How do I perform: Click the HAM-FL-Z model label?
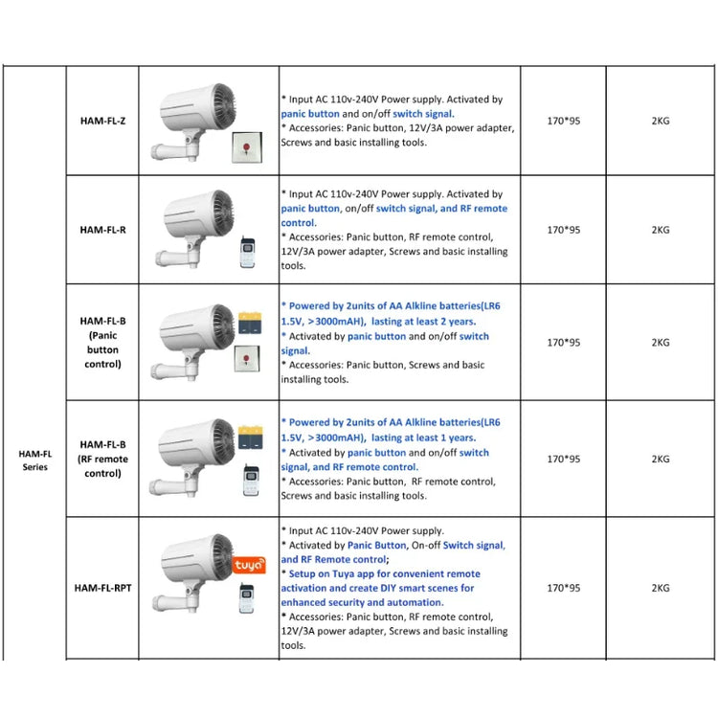[102, 122]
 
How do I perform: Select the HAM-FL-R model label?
[102, 230]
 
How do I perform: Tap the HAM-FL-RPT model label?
[102, 588]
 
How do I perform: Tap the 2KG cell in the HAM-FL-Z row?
[660, 122]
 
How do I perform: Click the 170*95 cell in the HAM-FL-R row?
[563, 230]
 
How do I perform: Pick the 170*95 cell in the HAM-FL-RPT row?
[563, 588]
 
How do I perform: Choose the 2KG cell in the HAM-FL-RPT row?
[660, 588]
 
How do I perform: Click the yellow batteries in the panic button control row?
[251, 321]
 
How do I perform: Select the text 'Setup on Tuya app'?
[331, 573]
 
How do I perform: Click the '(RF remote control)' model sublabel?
[102, 466]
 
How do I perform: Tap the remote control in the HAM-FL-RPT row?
[248, 598]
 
